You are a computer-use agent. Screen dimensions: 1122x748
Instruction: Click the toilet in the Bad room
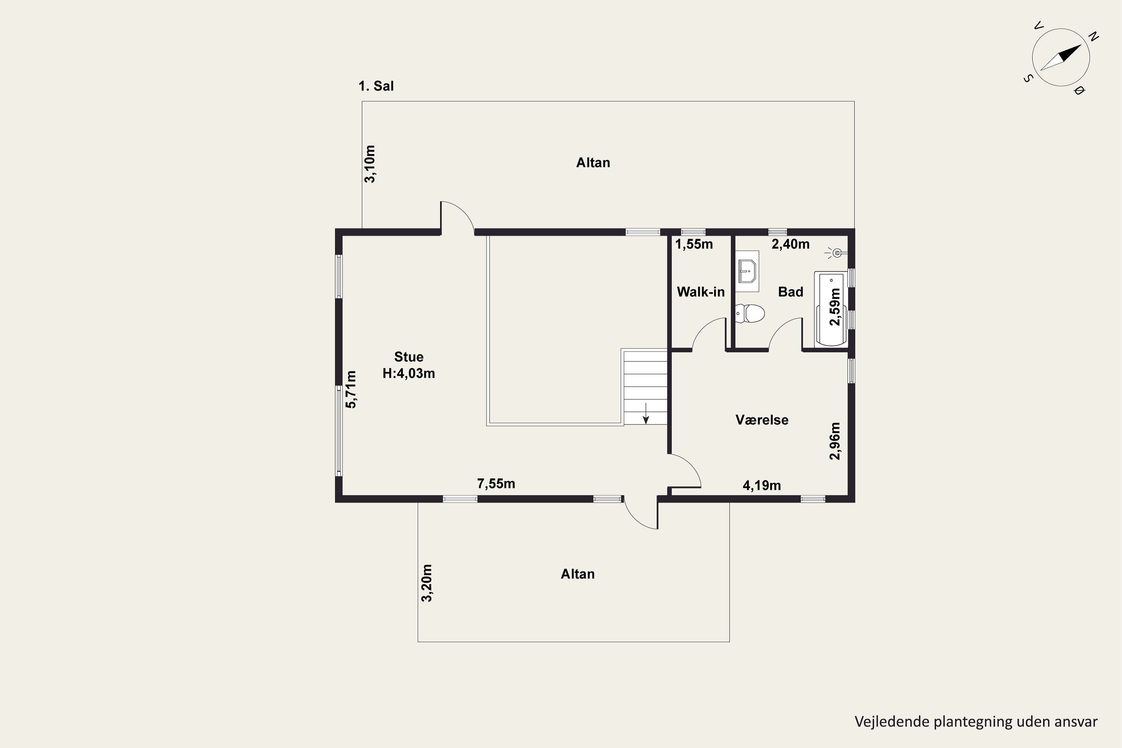[750, 313]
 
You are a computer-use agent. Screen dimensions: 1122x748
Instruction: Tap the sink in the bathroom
[747, 271]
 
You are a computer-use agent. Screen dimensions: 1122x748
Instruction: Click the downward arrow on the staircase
[646, 413]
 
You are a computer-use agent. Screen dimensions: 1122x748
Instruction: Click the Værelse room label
[762, 420]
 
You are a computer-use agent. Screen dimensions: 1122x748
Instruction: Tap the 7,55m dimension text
[496, 484]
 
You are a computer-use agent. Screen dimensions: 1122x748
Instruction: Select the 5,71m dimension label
[351, 389]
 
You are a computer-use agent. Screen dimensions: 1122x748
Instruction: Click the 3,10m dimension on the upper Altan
[370, 164]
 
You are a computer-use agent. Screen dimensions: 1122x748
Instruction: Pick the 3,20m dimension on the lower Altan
[427, 583]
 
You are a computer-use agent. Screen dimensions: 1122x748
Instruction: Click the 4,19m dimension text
[762, 485]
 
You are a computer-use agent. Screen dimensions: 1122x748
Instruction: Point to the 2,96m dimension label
[835, 441]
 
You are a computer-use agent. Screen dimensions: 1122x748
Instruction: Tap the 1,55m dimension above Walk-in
[694, 244]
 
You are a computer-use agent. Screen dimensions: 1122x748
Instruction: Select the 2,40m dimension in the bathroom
[791, 244]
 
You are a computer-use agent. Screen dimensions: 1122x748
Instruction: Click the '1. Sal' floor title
[376, 86]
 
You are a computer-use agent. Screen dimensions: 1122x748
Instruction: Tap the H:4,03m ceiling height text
[409, 374]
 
